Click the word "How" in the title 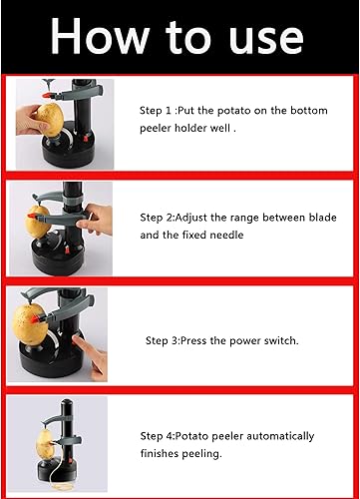point(100,37)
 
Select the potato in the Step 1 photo point(50,120)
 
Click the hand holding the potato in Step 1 point(31,120)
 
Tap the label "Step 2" point(156,218)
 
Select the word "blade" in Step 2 point(323,218)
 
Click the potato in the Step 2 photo point(37,222)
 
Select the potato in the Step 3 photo point(30,324)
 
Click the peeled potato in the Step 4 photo point(45,444)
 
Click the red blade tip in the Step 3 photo point(35,319)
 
